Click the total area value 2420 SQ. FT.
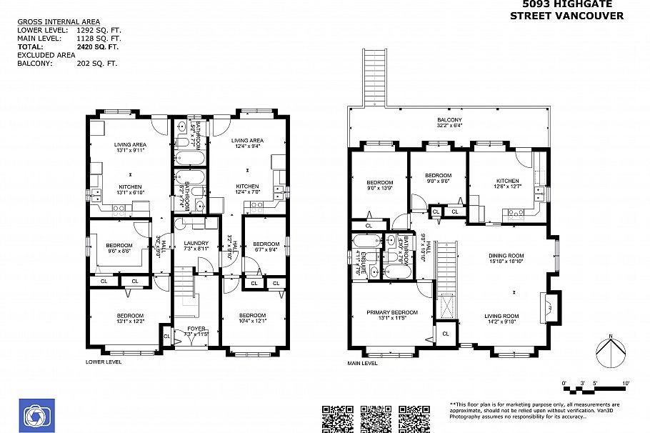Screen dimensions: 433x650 pyautogui.click(x=97, y=46)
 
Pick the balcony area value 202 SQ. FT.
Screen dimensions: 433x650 pyautogui.click(x=97, y=63)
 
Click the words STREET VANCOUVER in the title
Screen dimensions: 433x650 pyautogui.click(x=566, y=16)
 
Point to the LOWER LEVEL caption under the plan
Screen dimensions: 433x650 pyautogui.click(x=104, y=362)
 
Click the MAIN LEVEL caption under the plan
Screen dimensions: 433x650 pyautogui.click(x=362, y=363)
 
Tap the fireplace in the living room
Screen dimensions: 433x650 pyautogui.click(x=549, y=308)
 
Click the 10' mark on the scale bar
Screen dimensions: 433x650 pyautogui.click(x=626, y=384)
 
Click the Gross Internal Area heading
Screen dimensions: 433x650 pyautogui.click(x=59, y=22)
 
